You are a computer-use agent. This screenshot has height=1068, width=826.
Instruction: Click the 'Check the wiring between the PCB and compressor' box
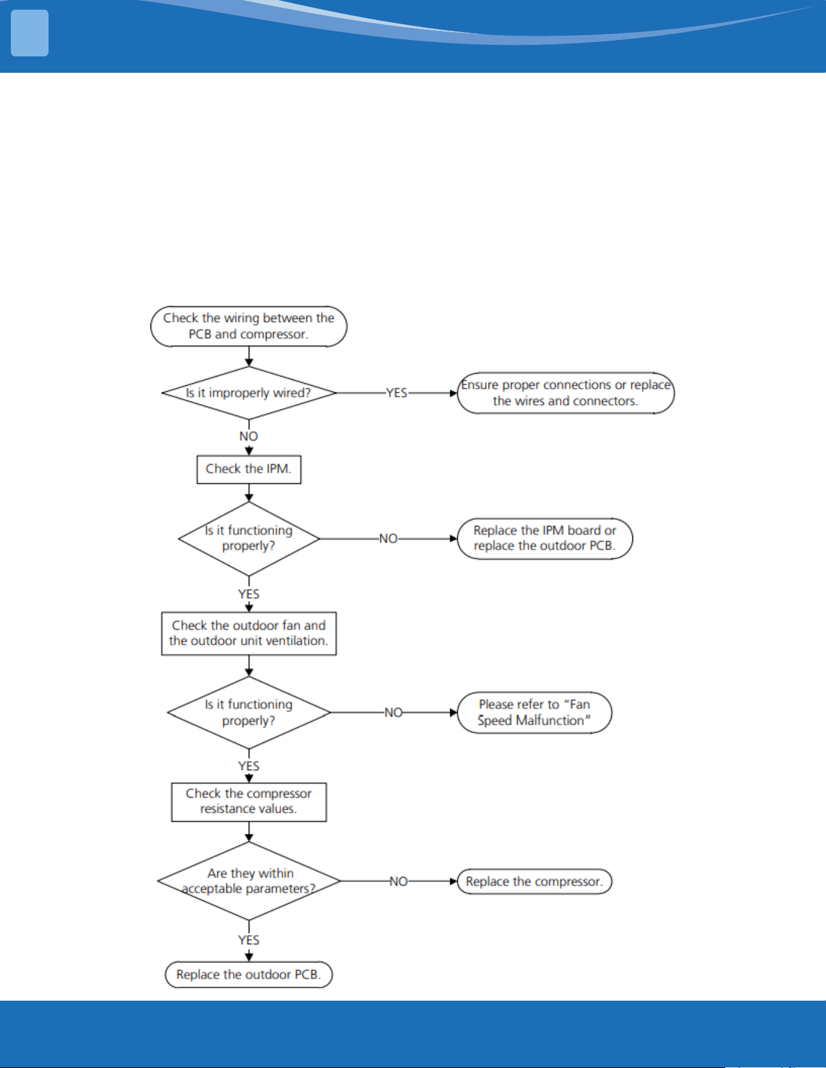pos(249,326)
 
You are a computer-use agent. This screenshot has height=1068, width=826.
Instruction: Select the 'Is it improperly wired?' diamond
pos(249,393)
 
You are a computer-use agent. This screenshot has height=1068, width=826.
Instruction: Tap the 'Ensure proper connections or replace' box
pos(566,393)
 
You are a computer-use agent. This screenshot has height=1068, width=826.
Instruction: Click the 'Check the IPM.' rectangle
pos(249,469)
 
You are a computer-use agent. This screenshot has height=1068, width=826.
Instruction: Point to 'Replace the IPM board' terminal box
pos(545,539)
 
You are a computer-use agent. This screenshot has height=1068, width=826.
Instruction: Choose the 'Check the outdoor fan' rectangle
pos(249,633)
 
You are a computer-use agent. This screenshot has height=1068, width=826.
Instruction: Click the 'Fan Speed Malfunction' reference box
pos(535,713)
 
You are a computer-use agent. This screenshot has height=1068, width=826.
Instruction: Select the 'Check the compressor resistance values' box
pos(249,802)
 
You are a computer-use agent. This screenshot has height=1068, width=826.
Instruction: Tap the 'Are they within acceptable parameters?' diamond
pos(249,881)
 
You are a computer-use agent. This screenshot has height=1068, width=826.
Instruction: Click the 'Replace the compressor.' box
pos(535,881)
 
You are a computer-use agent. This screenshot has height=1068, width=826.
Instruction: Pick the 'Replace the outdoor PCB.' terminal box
pos(249,975)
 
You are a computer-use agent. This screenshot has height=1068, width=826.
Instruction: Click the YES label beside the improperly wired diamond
pos(397,393)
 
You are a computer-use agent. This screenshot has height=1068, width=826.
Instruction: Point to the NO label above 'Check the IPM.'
pos(249,437)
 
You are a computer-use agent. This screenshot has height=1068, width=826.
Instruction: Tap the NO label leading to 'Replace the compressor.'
pos(398,881)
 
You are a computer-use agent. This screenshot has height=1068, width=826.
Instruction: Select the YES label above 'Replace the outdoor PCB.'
pos(249,940)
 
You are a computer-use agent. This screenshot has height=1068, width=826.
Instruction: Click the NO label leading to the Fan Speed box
pos(393,713)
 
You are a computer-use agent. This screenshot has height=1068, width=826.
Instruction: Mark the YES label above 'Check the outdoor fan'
pos(249,594)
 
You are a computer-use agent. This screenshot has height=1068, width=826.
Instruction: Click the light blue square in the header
pos(30,33)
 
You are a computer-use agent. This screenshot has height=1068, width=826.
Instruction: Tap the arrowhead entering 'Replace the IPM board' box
pos(453,539)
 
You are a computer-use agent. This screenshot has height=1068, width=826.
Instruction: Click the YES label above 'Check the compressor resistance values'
pos(249,767)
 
